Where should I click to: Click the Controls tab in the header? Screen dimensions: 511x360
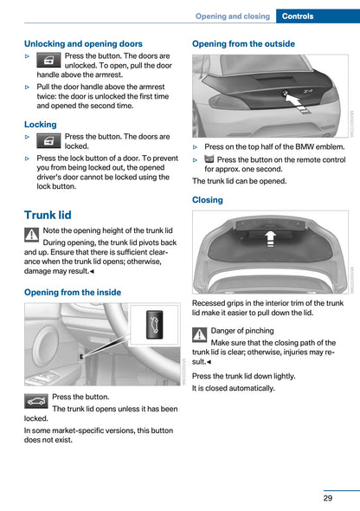tap(318, 16)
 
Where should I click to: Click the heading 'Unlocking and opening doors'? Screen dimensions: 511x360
tap(83, 43)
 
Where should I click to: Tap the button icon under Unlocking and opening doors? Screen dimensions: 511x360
tap(48, 59)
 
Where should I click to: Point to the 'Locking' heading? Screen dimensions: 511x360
tap(41, 125)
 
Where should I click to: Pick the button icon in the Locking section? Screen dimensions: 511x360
tap(48, 140)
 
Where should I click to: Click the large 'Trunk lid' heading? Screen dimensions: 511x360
tap(48, 215)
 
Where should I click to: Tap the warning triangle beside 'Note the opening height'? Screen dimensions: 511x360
tap(32, 235)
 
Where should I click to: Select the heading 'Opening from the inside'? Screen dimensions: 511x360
tap(73, 293)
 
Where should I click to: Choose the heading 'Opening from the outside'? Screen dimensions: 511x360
tap(243, 43)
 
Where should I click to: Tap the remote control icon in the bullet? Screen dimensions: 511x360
tap(209, 160)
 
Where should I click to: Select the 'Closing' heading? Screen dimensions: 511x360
tap(208, 199)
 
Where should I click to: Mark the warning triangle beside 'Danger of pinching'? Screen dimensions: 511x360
tap(200, 335)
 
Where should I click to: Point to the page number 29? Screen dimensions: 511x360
tap(328, 498)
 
